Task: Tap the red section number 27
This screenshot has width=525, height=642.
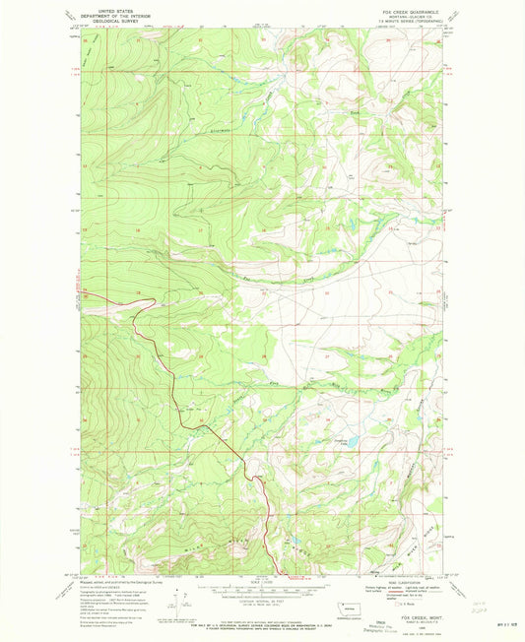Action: [x=327, y=351]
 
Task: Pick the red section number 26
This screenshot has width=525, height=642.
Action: [x=388, y=351]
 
